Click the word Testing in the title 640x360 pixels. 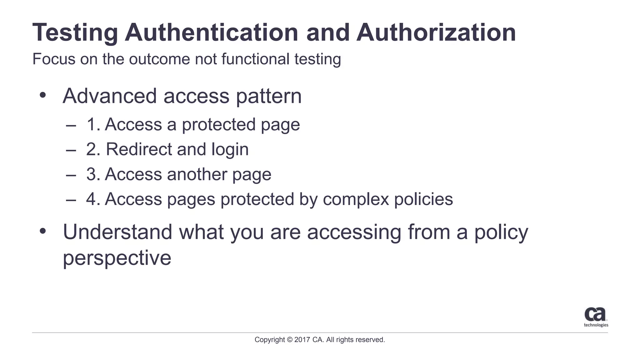(x=75, y=33)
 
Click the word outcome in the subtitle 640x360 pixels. (x=159, y=59)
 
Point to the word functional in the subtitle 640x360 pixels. (x=255, y=59)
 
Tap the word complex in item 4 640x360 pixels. (x=356, y=200)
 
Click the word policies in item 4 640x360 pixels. (x=423, y=199)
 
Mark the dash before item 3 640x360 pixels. (x=71, y=175)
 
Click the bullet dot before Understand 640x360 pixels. (x=43, y=231)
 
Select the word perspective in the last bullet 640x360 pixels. (x=117, y=258)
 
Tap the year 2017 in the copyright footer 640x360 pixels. (x=302, y=340)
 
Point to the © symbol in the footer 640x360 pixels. (x=289, y=340)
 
